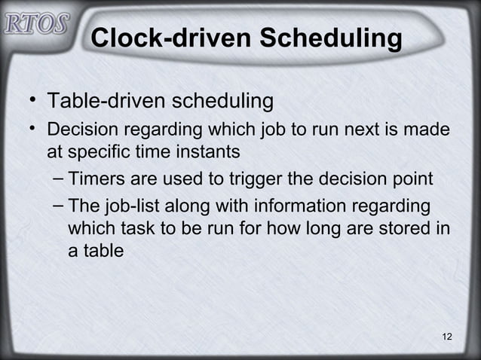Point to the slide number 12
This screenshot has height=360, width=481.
(447, 336)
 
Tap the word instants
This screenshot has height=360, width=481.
(207, 152)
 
